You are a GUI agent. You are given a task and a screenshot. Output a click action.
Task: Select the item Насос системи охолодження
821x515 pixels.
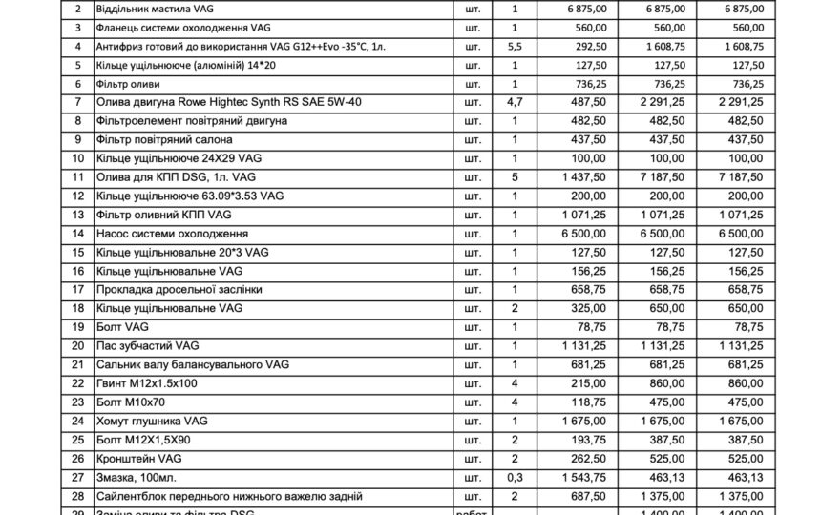173,233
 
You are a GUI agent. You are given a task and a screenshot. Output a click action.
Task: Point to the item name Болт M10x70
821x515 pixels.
132,402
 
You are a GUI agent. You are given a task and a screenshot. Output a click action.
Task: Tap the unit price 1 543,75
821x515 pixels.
574,476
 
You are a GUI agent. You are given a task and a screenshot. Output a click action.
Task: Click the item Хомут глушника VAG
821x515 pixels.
153,420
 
